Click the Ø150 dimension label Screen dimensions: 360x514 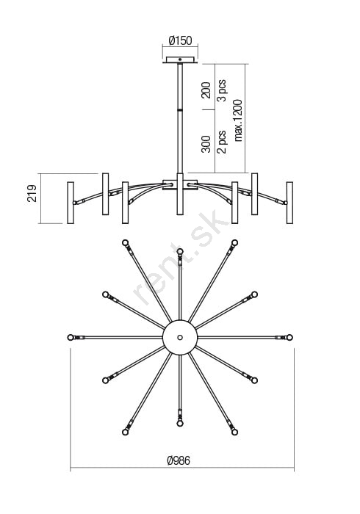tap(180, 40)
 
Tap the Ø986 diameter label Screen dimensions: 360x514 tap(179, 460)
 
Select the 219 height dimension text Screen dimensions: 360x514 tap(32, 193)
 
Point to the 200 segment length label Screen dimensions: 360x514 tap(206, 90)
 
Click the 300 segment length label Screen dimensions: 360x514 tap(206, 144)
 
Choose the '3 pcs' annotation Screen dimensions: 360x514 tap(222, 90)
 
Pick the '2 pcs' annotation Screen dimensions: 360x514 tap(222, 142)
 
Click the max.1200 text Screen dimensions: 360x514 tap(238, 120)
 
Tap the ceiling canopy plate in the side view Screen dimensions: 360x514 tap(180, 60)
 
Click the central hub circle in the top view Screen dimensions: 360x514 tap(180, 337)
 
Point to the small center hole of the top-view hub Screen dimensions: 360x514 tap(180, 337)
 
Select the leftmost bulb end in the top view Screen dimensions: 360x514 tap(71, 337)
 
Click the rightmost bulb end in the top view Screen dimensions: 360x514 tap(289, 337)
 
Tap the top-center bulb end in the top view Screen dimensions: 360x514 tap(180, 251)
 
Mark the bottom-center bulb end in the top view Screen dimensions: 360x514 tap(180, 424)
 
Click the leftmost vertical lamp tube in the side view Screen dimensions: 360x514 tap(71, 203)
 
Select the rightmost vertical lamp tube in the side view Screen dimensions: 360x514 tap(289, 203)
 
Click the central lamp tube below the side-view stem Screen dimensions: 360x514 tap(180, 194)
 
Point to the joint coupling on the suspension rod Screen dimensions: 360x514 tap(180, 109)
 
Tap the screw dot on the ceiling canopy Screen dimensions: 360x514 tap(180, 59)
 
